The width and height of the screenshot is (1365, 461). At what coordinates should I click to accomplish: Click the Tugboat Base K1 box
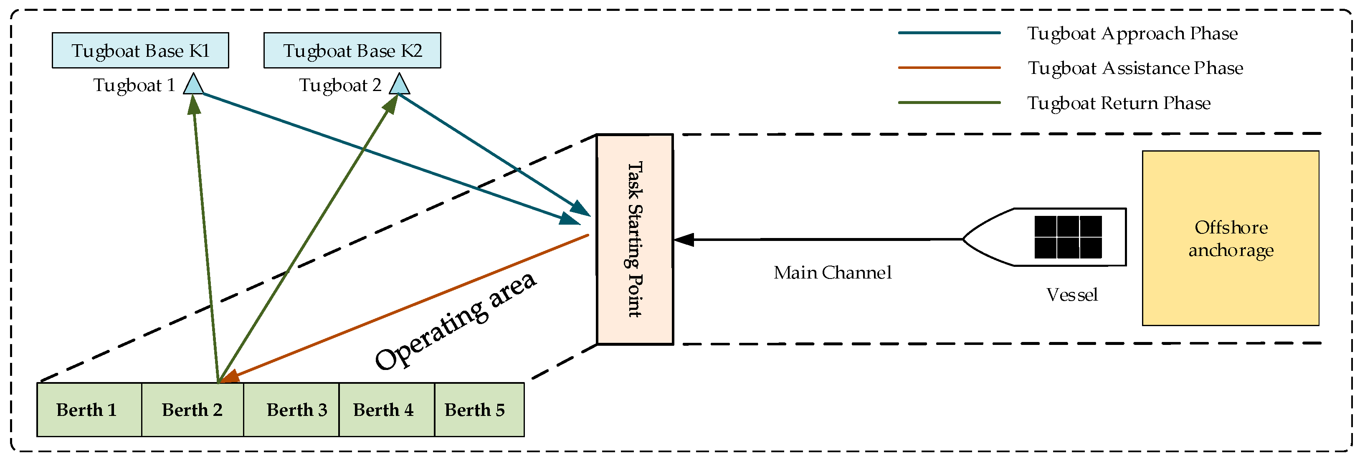click(140, 51)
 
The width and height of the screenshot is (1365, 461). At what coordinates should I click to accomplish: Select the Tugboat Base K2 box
click(352, 51)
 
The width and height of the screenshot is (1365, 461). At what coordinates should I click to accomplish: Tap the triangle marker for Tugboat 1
click(193, 85)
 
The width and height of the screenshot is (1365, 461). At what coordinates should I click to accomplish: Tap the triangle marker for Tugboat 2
click(399, 85)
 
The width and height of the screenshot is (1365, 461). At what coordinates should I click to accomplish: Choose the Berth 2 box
click(192, 410)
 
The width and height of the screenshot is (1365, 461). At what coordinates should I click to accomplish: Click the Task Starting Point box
click(635, 240)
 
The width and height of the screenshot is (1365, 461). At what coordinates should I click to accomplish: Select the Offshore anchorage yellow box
click(1231, 238)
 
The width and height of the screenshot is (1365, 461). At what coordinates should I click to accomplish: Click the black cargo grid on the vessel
click(1068, 237)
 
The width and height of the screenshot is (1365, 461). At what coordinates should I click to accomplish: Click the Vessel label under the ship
click(1071, 295)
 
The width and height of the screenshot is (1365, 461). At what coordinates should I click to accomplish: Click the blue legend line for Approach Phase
click(949, 33)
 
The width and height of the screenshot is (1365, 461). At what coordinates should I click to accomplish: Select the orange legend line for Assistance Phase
click(949, 68)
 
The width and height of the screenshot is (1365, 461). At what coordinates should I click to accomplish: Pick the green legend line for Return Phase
click(949, 103)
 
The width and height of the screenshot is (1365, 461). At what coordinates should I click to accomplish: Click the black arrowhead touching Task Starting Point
click(684, 240)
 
